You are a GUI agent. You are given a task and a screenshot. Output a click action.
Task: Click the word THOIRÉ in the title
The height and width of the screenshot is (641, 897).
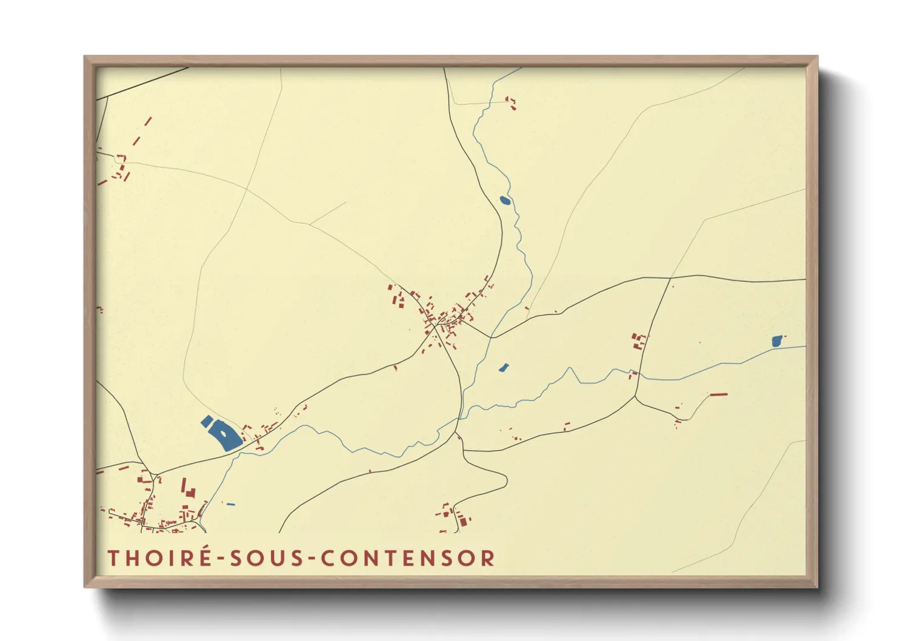pyautogui.click(x=159, y=557)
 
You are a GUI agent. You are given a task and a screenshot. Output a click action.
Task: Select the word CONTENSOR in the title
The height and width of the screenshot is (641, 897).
pyautogui.click(x=408, y=558)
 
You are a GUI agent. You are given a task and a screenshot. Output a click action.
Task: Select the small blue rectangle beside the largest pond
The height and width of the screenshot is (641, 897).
pyautogui.click(x=207, y=421)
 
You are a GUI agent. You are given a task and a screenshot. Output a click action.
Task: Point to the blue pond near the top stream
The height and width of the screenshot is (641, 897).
pyautogui.click(x=504, y=201)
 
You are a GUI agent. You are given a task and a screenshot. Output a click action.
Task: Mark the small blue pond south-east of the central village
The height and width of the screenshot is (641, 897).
pyautogui.click(x=502, y=367)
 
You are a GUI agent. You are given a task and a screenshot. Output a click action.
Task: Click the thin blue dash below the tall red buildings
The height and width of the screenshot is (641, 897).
pyautogui.click(x=230, y=504)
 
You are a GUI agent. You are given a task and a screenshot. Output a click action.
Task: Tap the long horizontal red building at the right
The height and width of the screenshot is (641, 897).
pyautogui.click(x=719, y=394)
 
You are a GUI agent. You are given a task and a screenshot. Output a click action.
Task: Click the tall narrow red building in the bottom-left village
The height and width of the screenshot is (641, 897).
pyautogui.click(x=184, y=485)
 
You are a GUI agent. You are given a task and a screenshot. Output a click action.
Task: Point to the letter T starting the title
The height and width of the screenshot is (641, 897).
pyautogui.click(x=113, y=558)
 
